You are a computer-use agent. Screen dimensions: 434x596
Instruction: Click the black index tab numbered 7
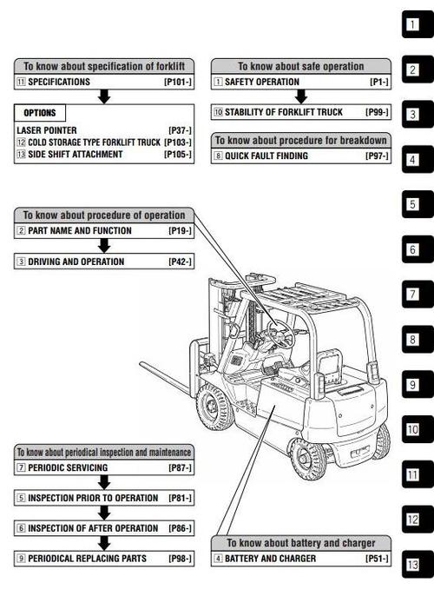418,295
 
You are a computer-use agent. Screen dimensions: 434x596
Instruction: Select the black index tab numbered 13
418,565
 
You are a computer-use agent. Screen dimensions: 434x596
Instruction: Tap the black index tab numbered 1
418,24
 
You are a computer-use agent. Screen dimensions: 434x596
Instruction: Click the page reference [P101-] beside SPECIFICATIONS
178,82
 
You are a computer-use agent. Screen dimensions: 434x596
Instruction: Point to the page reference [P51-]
377,559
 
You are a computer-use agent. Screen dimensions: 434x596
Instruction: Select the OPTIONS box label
39,113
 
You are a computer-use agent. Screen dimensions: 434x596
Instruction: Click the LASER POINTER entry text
47,130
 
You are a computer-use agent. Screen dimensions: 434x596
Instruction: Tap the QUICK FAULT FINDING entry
266,156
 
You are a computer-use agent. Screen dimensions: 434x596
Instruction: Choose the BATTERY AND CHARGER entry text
270,559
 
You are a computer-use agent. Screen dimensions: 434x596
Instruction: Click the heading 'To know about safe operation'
301,66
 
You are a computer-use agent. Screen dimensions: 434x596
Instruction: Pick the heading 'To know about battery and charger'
301,543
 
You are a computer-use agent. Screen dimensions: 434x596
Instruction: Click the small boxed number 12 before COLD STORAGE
21,142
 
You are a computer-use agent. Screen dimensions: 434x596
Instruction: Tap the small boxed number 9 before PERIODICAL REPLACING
21,559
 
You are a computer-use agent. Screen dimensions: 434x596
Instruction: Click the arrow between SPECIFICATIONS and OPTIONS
104,96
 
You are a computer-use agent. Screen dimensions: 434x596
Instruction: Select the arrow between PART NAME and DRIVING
104,246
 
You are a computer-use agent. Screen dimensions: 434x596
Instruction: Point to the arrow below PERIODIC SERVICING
104,482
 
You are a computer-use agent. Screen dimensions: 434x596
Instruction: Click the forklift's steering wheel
280,333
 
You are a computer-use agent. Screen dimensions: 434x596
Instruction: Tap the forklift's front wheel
215,407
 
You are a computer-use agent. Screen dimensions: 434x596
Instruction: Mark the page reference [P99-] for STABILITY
377,112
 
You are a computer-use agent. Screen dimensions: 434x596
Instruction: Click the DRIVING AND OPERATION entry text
76,262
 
